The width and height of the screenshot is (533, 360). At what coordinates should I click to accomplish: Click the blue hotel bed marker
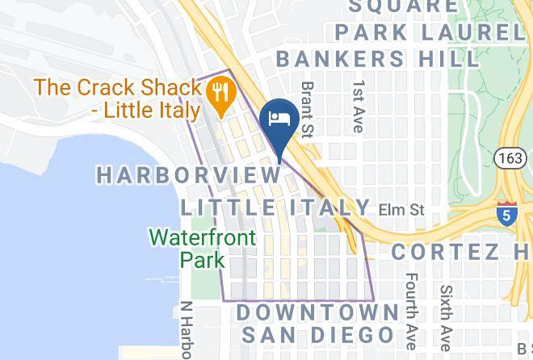280,118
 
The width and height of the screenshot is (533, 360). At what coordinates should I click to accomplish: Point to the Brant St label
307,107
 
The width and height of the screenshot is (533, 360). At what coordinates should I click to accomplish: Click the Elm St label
401,210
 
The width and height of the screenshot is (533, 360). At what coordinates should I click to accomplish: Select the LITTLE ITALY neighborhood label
275,207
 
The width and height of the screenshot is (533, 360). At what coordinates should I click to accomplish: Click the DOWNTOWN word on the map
317,312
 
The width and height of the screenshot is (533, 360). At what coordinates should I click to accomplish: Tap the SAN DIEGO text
317,334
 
